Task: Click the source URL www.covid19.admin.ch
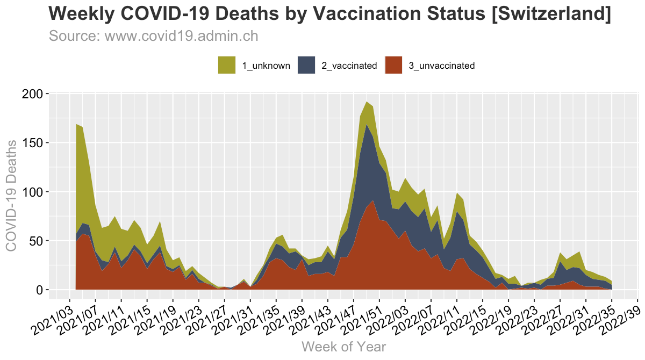[x=181, y=37]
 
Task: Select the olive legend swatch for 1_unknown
[x=227, y=65]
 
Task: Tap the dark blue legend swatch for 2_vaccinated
[x=306, y=65]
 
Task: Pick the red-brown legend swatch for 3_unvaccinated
[x=395, y=65]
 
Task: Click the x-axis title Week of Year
[x=343, y=347]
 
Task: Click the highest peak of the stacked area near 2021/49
[x=367, y=102]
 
